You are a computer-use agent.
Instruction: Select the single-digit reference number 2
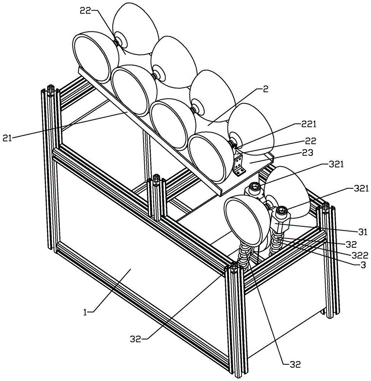click(266, 90)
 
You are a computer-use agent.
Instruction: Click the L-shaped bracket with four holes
click(240, 165)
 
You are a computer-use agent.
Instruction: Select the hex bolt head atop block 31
click(282, 210)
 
